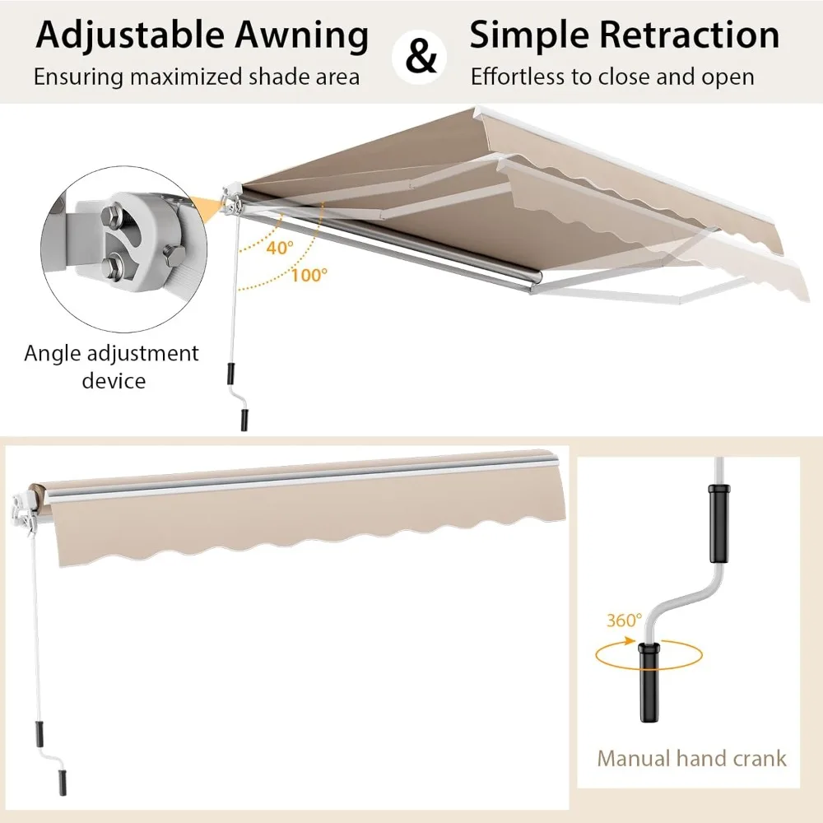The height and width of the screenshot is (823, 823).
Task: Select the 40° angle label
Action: click(x=279, y=248)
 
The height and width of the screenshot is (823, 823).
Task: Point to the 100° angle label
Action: click(x=308, y=275)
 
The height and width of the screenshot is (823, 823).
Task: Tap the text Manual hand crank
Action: click(x=691, y=757)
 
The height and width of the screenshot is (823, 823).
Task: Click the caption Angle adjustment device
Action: click(x=112, y=367)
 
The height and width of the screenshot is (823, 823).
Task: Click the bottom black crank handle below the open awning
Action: click(x=244, y=418)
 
